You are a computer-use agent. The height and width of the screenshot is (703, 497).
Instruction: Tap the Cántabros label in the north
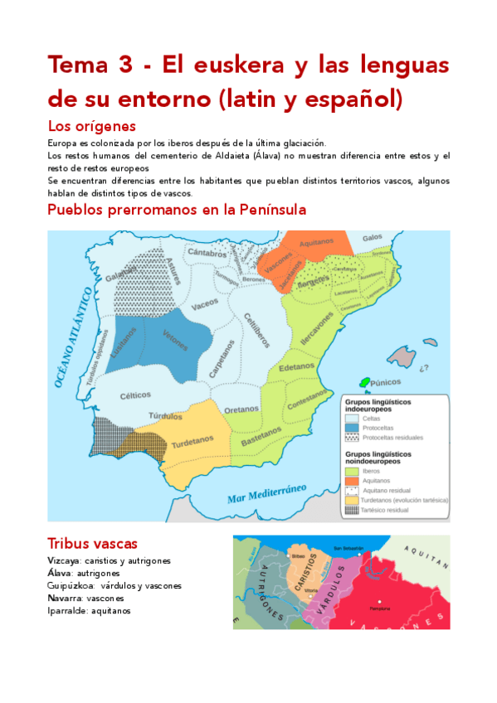coord(206,252)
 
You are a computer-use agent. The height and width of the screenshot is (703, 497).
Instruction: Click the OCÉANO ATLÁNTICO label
coord(75,335)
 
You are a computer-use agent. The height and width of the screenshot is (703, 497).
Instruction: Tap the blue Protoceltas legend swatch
coord(352,427)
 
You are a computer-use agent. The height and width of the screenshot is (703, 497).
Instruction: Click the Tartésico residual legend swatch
coord(352,511)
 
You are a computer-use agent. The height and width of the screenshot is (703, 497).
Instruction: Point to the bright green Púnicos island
coord(364,382)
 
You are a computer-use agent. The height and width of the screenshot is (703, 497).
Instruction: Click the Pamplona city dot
coord(376,600)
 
